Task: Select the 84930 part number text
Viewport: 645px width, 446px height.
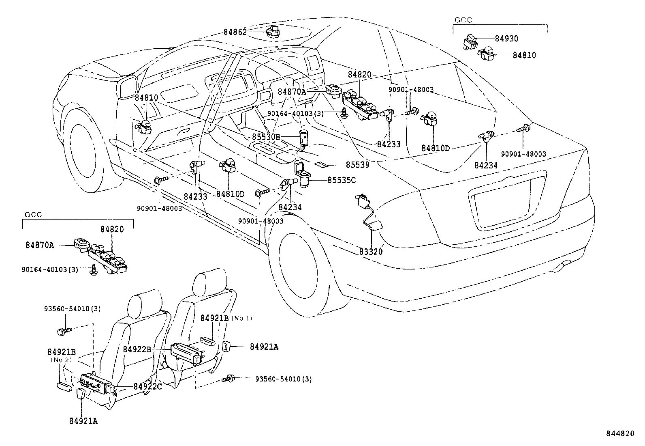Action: pos(506,39)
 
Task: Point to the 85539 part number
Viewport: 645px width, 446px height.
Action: pos(357,165)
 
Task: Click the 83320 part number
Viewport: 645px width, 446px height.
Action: pos(371,252)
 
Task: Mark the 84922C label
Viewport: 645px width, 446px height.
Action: pos(148,386)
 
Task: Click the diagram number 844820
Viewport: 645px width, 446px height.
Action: pos(619,433)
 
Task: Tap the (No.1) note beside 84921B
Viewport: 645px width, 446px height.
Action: pos(242,318)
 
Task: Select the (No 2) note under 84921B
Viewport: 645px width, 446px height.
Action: pos(61,360)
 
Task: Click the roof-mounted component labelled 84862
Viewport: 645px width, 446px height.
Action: pos(273,30)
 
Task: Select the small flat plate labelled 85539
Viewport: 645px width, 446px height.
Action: pos(322,165)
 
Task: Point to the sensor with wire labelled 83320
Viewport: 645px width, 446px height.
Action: pos(367,209)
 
